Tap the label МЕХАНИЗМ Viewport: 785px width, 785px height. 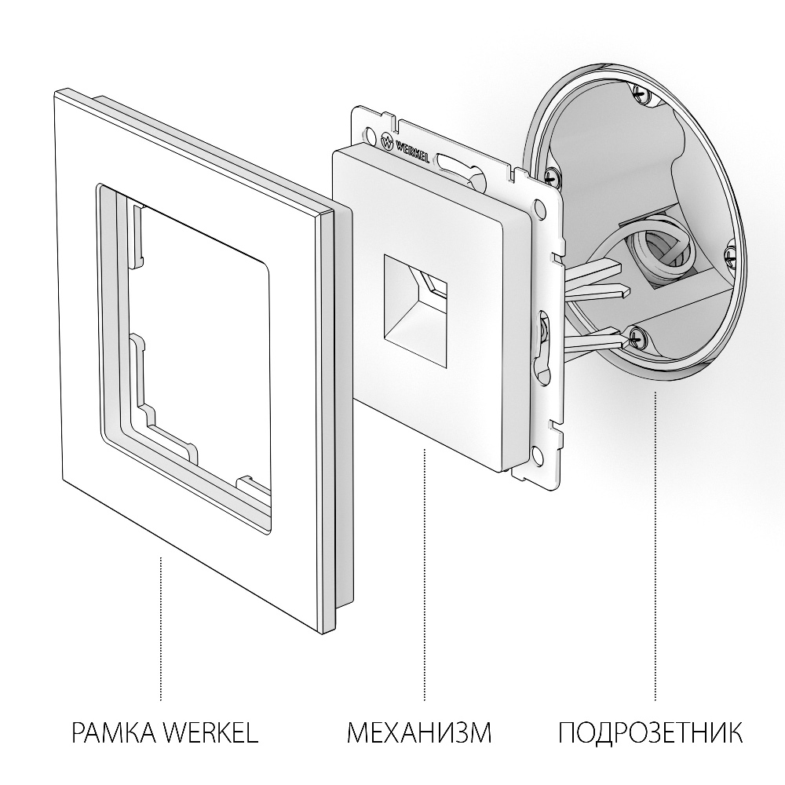click(x=419, y=734)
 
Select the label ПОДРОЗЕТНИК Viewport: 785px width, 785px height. click(x=650, y=734)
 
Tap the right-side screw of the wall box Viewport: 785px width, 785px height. click(x=731, y=253)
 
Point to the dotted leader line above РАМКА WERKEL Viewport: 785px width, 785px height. click(x=161, y=628)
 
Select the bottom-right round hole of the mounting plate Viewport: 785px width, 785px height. click(x=536, y=454)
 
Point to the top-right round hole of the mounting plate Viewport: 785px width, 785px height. click(x=539, y=208)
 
